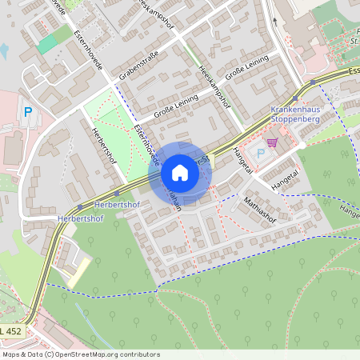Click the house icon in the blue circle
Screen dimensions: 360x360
(x=179, y=173)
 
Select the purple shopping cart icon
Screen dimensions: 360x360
(x=272, y=142)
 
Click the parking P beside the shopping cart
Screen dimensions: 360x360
(x=261, y=152)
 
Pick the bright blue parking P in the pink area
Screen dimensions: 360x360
(x=29, y=113)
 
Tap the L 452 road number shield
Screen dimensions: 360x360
(x=10, y=330)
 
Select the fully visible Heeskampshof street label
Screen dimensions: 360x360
(x=214, y=87)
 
